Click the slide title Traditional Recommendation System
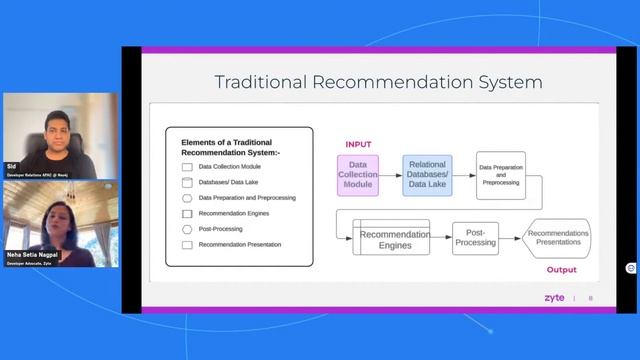click(x=379, y=81)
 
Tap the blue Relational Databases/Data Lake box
click(x=427, y=175)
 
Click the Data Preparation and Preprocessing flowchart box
click(x=500, y=175)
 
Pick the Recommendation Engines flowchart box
click(x=394, y=239)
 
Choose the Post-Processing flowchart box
click(x=475, y=238)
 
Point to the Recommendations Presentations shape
click(x=558, y=238)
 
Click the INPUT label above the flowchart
click(x=358, y=145)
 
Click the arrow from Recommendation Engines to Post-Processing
click(x=441, y=238)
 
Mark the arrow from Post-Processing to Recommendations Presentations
click(x=510, y=238)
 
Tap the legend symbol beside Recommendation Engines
click(x=187, y=213)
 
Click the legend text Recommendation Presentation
click(x=240, y=244)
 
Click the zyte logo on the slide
click(x=555, y=298)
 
